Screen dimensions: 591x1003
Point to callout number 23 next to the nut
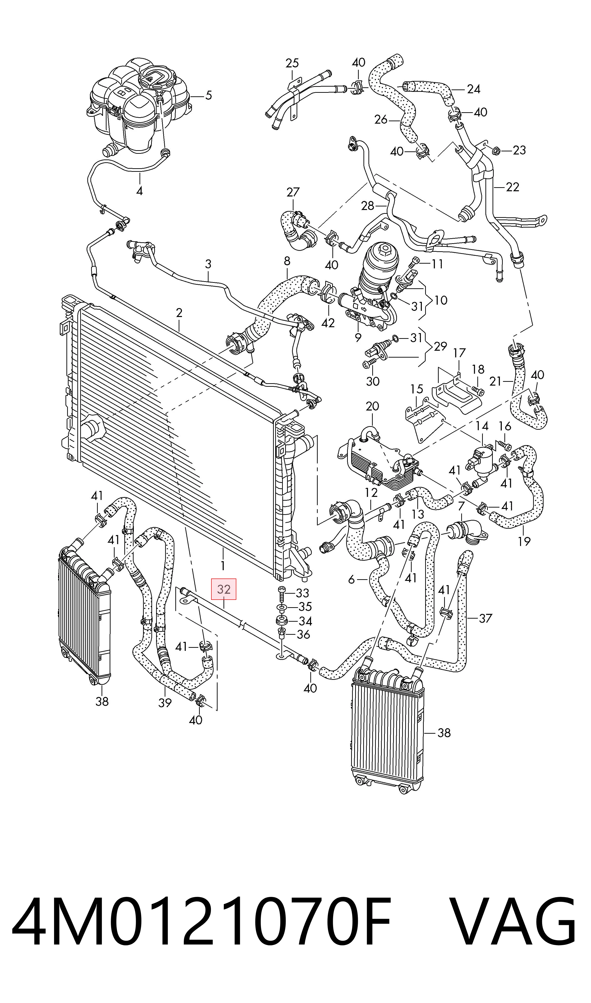point(519,150)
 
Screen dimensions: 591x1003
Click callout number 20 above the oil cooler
point(372,406)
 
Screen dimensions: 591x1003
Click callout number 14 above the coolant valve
point(482,426)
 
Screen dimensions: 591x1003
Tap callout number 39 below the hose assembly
point(165,703)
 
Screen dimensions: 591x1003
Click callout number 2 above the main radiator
point(179,313)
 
